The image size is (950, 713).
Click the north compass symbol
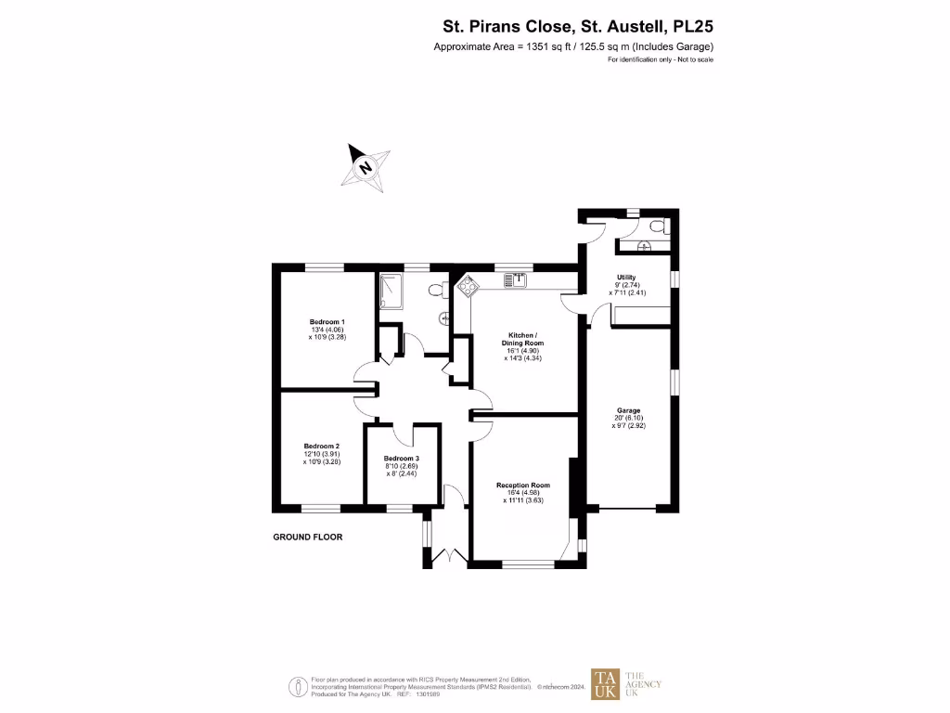pyautogui.click(x=365, y=167)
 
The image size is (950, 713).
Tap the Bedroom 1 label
pyautogui.click(x=327, y=321)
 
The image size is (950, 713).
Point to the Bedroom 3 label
pyautogui.click(x=402, y=459)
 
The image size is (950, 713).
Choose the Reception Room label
pyautogui.click(x=523, y=486)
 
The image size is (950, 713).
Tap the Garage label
pyautogui.click(x=629, y=409)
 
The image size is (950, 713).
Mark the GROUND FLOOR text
pyautogui.click(x=307, y=537)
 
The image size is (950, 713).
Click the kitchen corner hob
pyautogui.click(x=466, y=287)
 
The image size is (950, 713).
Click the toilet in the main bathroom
pyautogui.click(x=438, y=290)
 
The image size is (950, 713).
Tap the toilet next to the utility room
pyautogui.click(x=656, y=226)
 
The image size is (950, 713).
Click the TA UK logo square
pyautogui.click(x=606, y=684)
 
